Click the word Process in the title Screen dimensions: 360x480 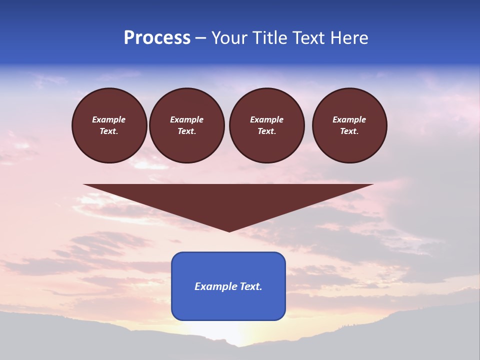click(157, 38)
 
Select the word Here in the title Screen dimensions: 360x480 click(349, 38)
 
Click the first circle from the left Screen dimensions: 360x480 click(109, 125)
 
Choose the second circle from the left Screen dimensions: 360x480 click(186, 125)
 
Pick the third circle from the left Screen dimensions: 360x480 click(266, 125)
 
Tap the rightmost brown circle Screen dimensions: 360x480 click(349, 125)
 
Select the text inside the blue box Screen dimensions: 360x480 click(228, 286)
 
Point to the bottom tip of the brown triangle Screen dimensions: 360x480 click(229, 230)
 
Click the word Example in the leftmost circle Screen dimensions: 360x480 click(109, 119)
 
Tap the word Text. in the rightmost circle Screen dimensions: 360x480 click(349, 131)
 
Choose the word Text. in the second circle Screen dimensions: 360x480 click(186, 131)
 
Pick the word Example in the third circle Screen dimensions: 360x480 click(266, 119)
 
